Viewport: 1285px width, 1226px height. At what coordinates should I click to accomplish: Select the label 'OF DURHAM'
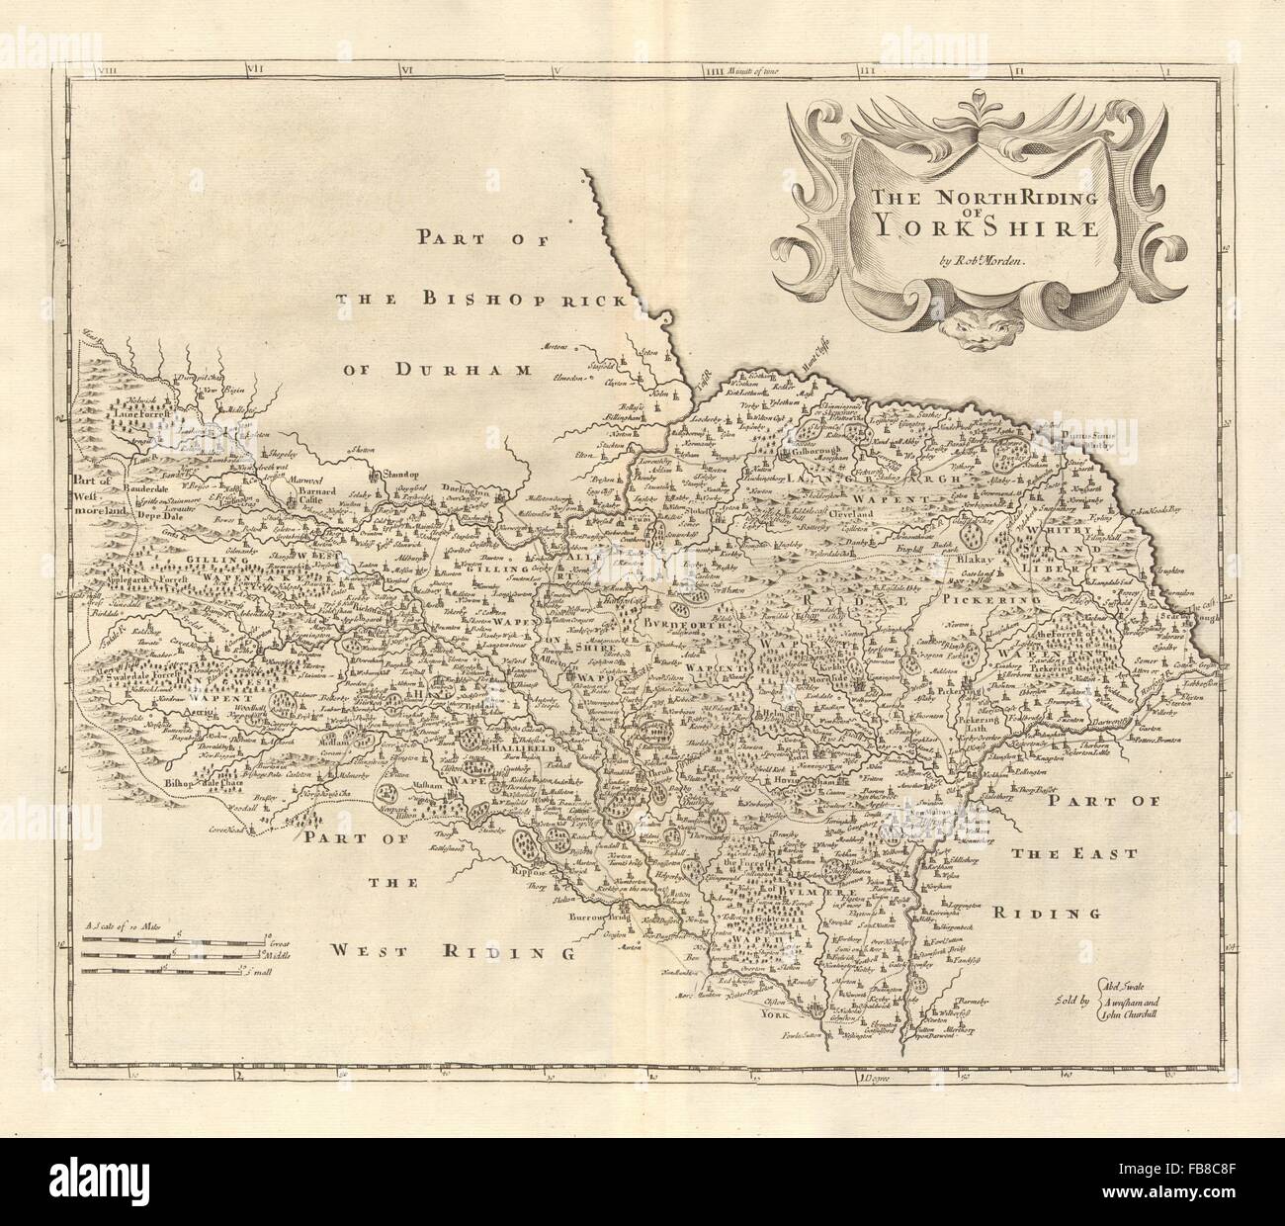(x=438, y=370)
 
